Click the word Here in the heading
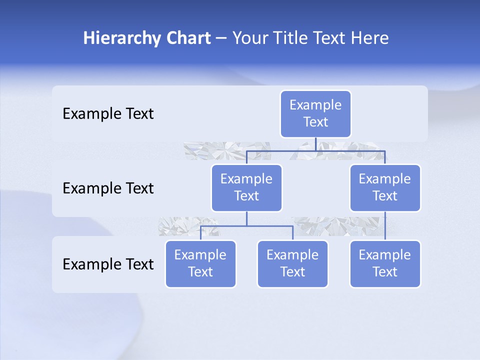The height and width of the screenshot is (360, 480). coord(369,38)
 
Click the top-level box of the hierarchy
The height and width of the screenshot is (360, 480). coord(315,114)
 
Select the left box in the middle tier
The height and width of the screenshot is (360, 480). coord(246,187)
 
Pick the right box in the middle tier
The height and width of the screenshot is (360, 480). coord(385,187)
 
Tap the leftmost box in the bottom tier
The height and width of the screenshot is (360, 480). coord(200,263)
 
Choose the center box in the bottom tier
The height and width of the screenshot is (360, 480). coord(292,263)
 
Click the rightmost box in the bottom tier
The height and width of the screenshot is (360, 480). coord(385,263)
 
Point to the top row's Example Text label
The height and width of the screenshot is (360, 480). coord(108,114)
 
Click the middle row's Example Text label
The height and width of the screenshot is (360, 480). coord(108,188)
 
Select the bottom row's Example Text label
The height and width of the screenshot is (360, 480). coord(108,264)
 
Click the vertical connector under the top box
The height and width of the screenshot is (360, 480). coord(315,144)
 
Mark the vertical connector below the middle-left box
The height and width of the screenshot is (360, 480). coord(246,218)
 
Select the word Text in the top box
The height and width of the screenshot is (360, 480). coord(315,122)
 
